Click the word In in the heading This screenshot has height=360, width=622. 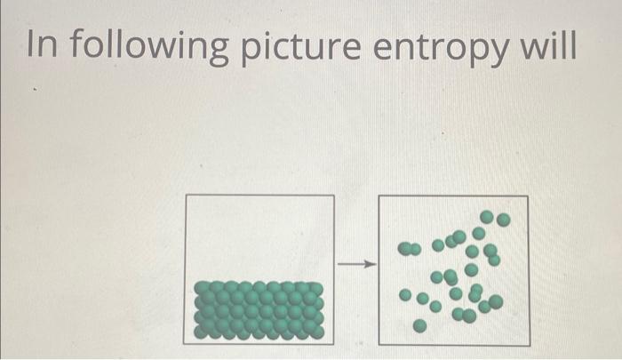click(x=41, y=44)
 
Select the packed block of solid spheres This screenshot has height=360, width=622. click(x=259, y=309)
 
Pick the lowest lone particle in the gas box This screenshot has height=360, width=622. click(x=419, y=327)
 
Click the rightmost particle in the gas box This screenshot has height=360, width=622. click(x=504, y=219)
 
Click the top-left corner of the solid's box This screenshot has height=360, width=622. click(x=185, y=195)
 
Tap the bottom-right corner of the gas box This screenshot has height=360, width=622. click(x=529, y=345)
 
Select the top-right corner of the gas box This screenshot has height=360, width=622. click(x=528, y=196)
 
